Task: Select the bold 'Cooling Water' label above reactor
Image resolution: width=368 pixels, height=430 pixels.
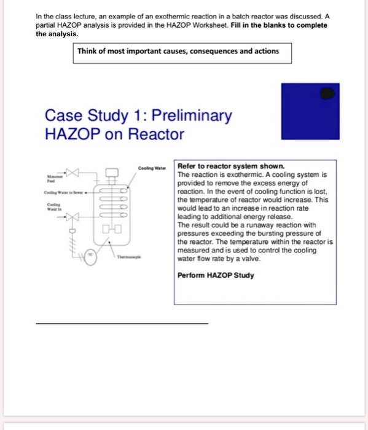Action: coord(152,166)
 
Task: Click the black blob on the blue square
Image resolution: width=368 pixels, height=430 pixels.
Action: coord(328,94)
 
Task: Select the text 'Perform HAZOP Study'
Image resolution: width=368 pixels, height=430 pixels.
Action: coord(215,275)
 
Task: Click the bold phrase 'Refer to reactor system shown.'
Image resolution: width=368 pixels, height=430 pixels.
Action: coord(230,166)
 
